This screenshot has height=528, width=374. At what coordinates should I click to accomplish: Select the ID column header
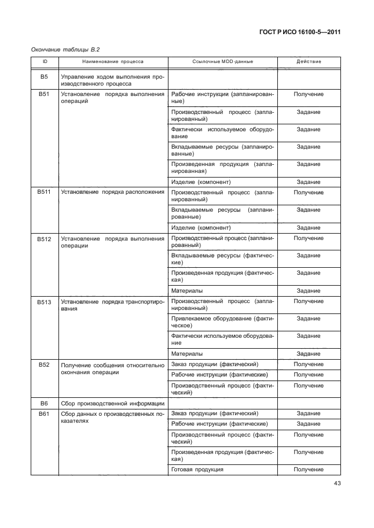pos(44,61)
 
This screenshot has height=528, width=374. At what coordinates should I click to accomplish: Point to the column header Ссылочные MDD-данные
pos(222,61)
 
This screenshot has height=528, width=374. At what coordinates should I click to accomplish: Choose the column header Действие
pos(309,61)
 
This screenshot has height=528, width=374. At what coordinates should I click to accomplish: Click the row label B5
pos(44,76)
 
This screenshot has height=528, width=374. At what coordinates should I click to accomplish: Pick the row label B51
pos(44,94)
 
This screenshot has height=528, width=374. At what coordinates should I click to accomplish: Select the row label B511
pos(44,192)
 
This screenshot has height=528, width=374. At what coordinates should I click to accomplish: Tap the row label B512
pos(44,238)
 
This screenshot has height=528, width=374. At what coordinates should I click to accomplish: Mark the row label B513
pos(44,301)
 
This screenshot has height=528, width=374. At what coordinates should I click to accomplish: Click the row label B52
pos(44,364)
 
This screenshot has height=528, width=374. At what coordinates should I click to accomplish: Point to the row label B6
pos(44,403)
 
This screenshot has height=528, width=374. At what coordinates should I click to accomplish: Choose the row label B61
pos(44,413)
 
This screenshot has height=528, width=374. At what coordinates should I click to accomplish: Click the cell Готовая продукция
pos(197,470)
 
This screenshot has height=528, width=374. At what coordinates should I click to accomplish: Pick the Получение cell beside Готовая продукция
pos(309,470)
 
